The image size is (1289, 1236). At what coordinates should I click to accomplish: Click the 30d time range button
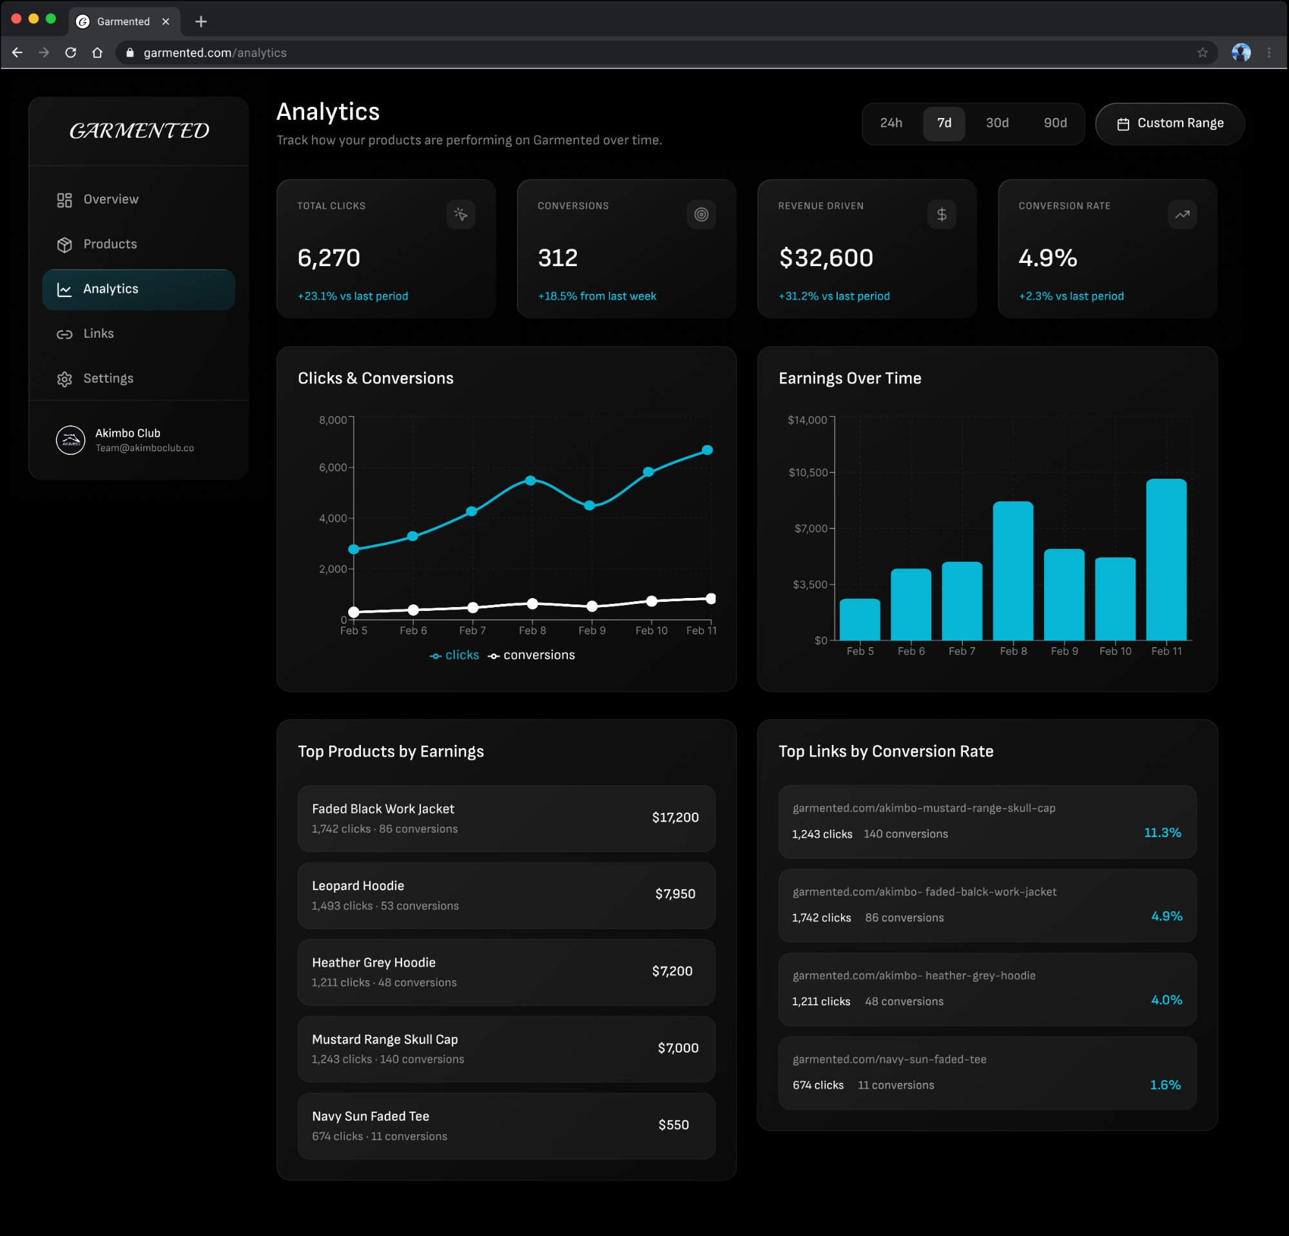(x=996, y=123)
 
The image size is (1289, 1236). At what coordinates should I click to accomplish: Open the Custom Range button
(x=1169, y=124)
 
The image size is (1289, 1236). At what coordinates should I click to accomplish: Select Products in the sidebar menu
(x=110, y=244)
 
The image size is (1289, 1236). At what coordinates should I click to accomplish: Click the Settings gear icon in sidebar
(x=64, y=379)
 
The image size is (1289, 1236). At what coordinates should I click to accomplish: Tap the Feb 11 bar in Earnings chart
(x=1166, y=559)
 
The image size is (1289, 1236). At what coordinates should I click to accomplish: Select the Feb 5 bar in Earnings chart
(x=860, y=619)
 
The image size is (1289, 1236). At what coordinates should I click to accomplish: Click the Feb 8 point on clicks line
(x=530, y=481)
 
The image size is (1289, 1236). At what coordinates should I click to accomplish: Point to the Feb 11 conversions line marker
(x=711, y=598)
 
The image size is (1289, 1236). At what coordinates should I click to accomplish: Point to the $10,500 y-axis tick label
(x=808, y=472)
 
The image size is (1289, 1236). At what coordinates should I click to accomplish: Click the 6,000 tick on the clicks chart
(x=333, y=467)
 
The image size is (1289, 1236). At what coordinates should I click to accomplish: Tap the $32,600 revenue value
(x=826, y=258)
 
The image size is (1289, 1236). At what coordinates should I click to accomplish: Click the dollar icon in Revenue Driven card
(x=941, y=215)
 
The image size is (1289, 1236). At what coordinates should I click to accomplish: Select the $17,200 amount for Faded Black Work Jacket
(x=675, y=817)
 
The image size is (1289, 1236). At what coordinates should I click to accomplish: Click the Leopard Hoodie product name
(x=358, y=885)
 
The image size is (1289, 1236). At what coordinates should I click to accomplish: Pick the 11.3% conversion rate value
(x=1162, y=833)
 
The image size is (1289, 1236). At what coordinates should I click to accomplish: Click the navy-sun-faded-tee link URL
(x=889, y=1059)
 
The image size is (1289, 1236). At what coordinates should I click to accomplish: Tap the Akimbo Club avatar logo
(x=70, y=441)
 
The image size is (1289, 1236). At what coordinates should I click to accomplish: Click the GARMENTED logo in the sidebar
(x=139, y=131)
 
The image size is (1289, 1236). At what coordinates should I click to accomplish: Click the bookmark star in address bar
(x=1202, y=53)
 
